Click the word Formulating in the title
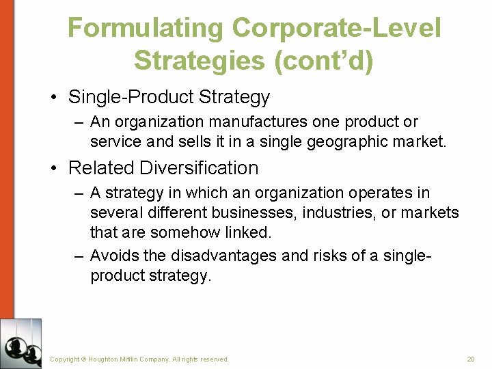[145, 29]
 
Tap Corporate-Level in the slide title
[336, 29]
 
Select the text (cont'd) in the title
[323, 61]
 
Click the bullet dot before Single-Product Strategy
[53, 97]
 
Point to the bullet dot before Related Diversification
[53, 168]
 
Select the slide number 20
[470, 359]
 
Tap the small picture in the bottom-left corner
[20, 343]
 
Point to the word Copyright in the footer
[65, 359]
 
